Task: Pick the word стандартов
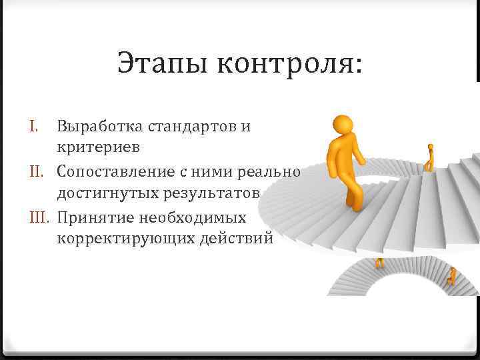[x=191, y=125]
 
